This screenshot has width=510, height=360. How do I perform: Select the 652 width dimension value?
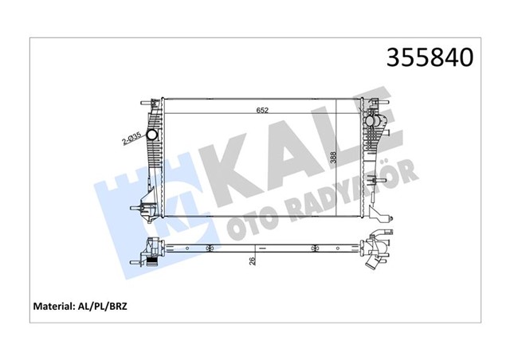click(x=262, y=111)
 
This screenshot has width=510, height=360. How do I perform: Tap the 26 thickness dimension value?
click(x=253, y=261)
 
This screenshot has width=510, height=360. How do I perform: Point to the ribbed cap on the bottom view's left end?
click(x=147, y=256)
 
